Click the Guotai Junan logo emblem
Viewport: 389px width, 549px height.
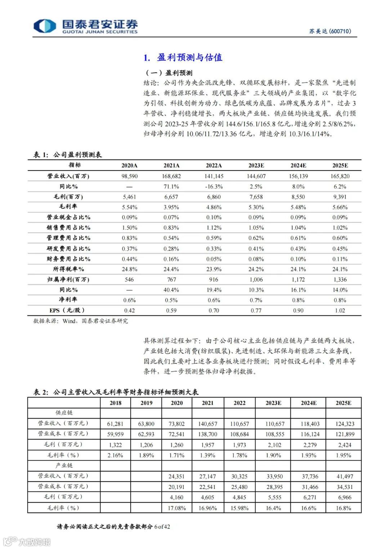point(45,26)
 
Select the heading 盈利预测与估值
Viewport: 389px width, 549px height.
point(189,58)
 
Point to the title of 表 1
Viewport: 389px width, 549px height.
point(68,155)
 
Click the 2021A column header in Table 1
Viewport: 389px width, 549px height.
point(171,165)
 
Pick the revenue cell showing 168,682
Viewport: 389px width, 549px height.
point(171,176)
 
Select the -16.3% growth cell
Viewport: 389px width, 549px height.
point(214,187)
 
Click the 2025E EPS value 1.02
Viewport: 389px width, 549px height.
point(340,310)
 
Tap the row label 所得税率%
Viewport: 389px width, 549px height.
point(68,269)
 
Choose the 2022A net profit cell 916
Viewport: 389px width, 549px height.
point(214,279)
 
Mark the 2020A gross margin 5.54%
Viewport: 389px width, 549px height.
point(129,207)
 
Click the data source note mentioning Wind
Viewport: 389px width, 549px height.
point(81,321)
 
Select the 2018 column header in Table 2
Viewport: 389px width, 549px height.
point(115,403)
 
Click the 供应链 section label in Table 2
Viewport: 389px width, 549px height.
point(64,413)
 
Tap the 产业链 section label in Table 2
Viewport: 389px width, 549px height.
point(64,465)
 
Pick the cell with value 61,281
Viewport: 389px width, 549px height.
point(115,424)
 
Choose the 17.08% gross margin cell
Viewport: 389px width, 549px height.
point(176,508)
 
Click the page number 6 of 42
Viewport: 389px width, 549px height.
point(162,527)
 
